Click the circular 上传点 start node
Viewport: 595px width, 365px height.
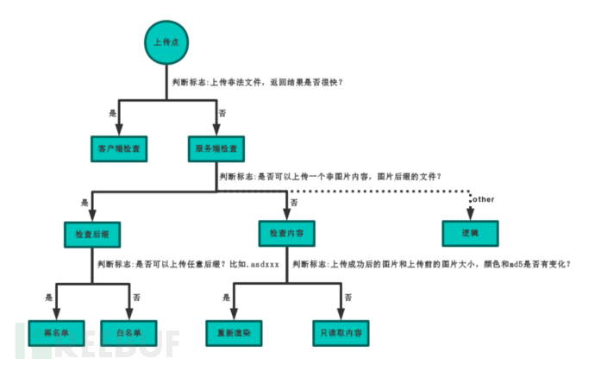pyautogui.click(x=165, y=41)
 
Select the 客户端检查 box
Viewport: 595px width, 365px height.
pyautogui.click(x=119, y=148)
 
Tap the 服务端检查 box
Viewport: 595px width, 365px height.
pyautogui.click(x=216, y=148)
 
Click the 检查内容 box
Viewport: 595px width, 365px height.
pyautogui.click(x=287, y=233)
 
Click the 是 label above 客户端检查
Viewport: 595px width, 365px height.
pyautogui.click(x=112, y=113)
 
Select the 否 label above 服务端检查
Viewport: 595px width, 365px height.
pyautogui.click(x=222, y=113)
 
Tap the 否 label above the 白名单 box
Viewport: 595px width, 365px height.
pyautogui.click(x=135, y=297)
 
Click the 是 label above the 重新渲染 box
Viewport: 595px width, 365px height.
pyautogui.click(x=227, y=297)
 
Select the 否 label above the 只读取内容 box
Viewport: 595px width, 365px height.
pyautogui.click(x=348, y=297)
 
